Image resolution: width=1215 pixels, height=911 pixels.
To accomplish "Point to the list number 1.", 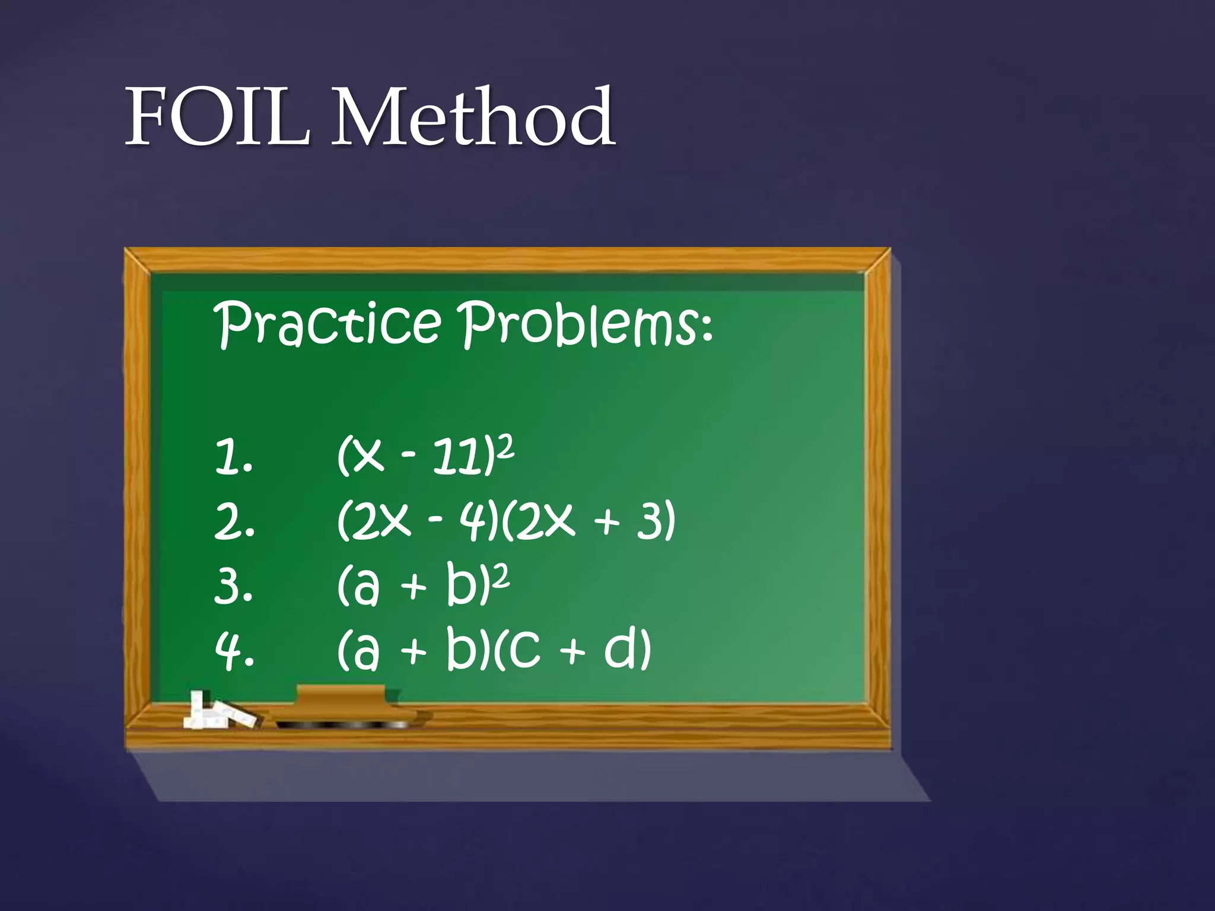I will tap(233, 457).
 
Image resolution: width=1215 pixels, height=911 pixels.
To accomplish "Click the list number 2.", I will tap(234, 522).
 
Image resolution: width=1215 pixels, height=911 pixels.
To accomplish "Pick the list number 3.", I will tap(233, 586).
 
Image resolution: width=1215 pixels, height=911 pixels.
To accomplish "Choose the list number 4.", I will tap(234, 650).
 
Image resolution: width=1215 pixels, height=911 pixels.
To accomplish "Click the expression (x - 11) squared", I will tap(425, 455).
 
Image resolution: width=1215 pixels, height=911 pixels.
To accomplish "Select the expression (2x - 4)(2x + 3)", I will tap(506, 521).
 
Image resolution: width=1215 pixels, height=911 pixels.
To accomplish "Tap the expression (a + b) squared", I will tap(422, 585).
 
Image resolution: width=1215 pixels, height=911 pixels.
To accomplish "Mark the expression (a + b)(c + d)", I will tap(494, 649).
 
